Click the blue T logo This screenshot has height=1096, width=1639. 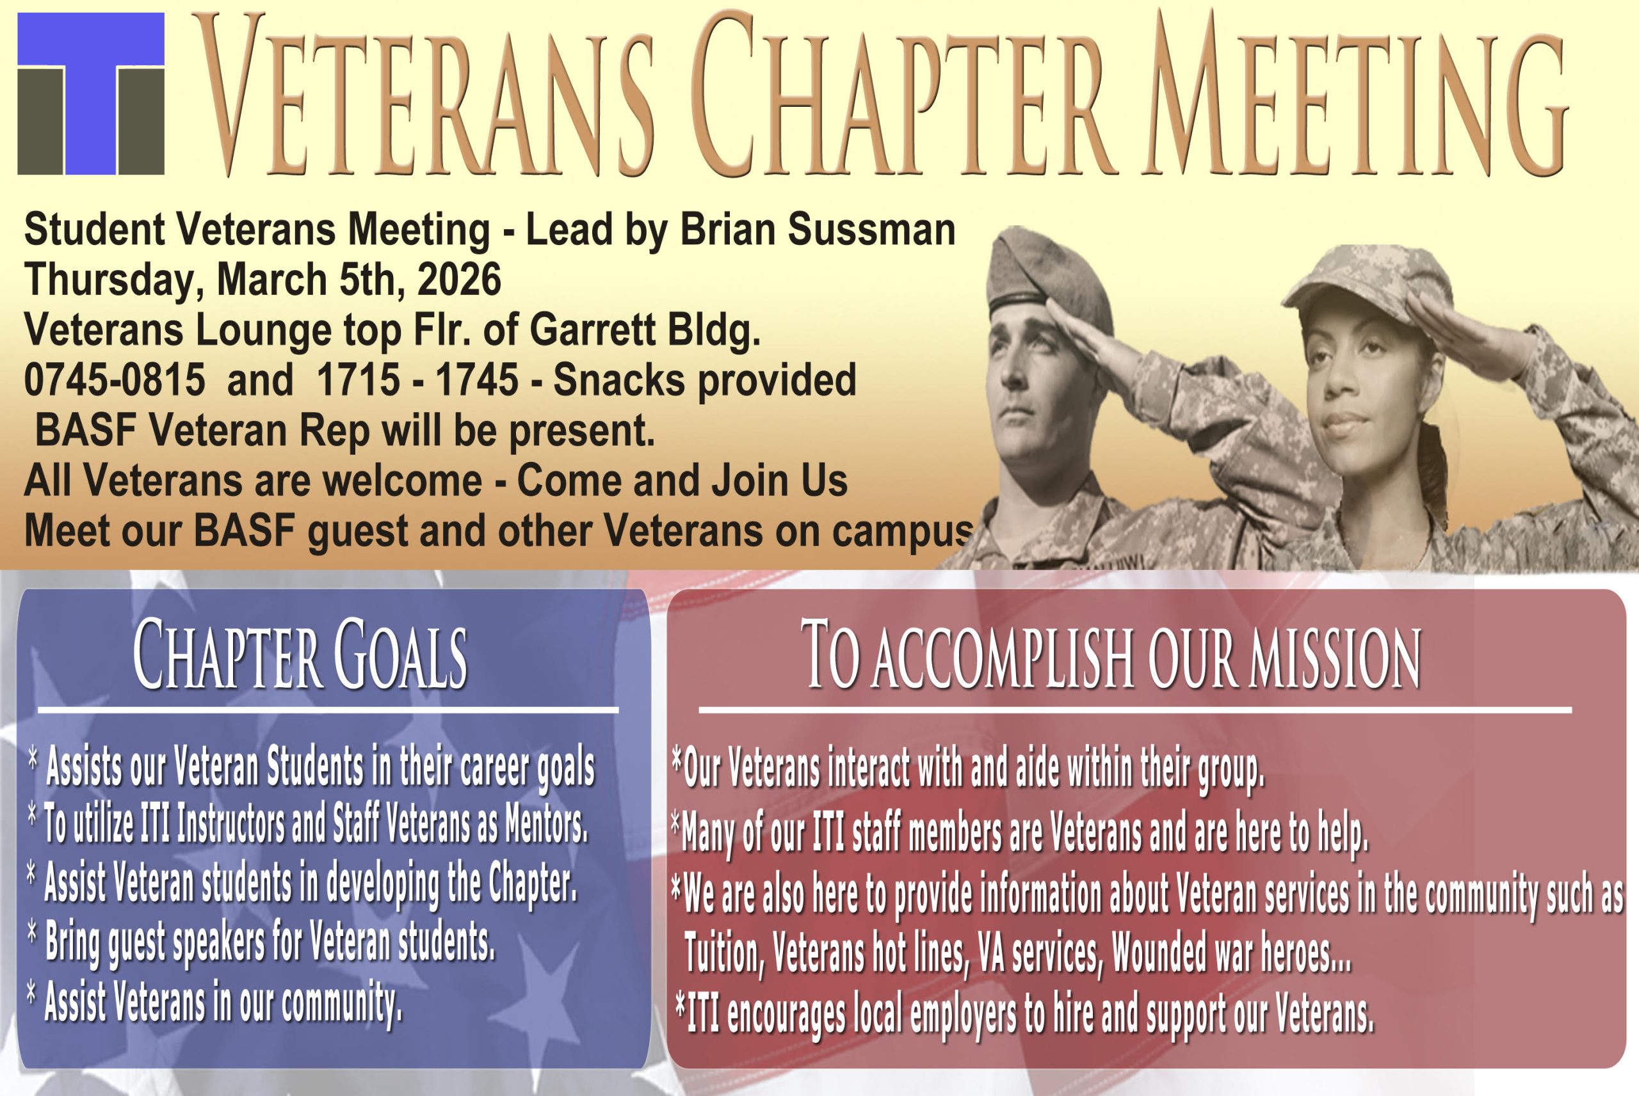point(91,93)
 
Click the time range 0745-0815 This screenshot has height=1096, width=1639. point(115,379)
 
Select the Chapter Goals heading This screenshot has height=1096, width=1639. point(300,655)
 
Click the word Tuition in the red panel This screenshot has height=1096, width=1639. point(722,953)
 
